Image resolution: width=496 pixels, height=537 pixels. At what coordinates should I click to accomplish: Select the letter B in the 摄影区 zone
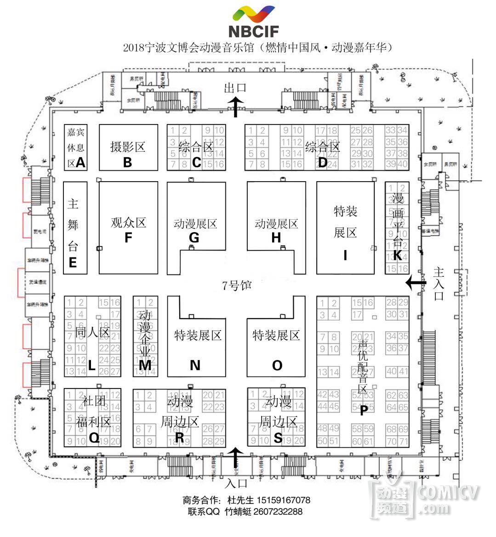click(128, 162)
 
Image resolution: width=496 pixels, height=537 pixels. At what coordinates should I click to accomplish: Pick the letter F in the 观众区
click(128, 238)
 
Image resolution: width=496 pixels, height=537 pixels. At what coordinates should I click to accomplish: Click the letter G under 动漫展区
click(194, 238)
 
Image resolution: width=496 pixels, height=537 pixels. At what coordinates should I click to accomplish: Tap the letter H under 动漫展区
click(276, 238)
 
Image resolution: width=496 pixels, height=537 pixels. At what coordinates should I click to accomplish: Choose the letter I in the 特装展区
click(345, 255)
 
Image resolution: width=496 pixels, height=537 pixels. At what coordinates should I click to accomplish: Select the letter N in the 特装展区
click(195, 365)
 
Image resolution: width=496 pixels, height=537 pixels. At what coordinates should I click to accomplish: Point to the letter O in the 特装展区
click(277, 365)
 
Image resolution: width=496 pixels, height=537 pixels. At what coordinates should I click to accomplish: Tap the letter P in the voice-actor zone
click(363, 411)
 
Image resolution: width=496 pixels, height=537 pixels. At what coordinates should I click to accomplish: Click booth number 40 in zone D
click(403, 164)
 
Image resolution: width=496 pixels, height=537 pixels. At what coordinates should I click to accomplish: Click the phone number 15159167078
click(283, 500)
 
